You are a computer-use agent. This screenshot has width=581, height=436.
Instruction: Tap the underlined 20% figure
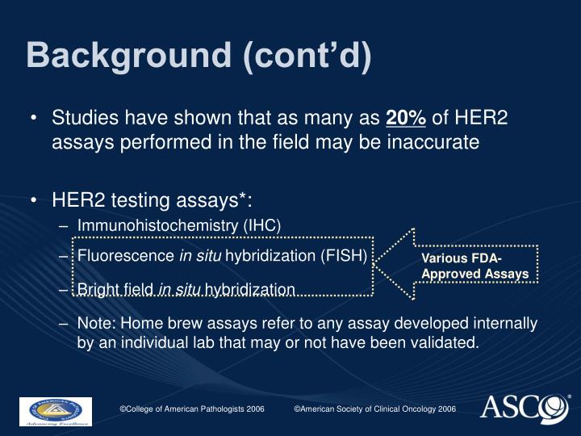coord(406,118)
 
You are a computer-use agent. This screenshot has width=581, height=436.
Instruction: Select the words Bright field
coord(115,290)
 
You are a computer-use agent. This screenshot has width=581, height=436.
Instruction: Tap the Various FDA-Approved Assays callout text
coord(474,266)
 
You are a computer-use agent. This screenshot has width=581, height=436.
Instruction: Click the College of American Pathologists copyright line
coord(192,409)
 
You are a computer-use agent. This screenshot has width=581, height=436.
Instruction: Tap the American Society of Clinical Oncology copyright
coord(375,409)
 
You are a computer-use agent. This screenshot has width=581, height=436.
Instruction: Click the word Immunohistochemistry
coord(157,225)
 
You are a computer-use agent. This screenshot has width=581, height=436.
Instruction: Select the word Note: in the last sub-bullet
coord(98,323)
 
